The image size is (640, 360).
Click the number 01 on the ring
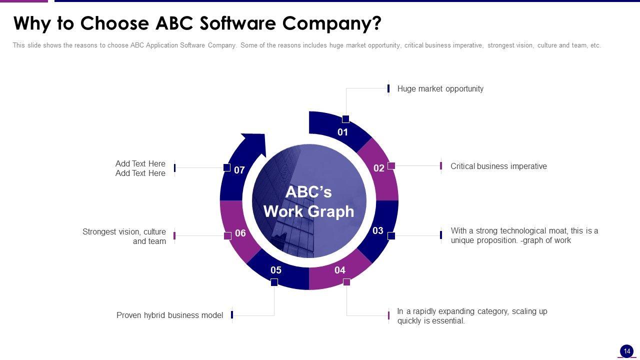pos(342,132)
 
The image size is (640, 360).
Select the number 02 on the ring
pos(379,168)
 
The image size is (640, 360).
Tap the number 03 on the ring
pos(378,230)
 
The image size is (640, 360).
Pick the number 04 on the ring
pos(340,270)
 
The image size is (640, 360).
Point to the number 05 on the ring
pos(276,270)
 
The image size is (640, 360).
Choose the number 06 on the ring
pos(240,233)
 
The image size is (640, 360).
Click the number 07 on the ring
pos(239,170)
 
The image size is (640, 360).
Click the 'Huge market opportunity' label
pos(440,89)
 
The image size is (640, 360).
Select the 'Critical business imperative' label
pos(498,166)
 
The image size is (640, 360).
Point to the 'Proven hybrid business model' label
pos(169,315)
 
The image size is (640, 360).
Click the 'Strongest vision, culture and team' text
pos(124,236)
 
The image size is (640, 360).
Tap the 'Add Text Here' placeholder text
pos(140,168)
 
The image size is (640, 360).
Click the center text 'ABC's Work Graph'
pos(309,201)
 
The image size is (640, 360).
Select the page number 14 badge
pos(626,351)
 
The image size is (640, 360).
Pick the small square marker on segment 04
pos(346,282)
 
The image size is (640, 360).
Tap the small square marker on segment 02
pos(391,165)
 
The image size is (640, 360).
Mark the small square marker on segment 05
pos(274,282)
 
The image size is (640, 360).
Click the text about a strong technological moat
pos(524,235)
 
